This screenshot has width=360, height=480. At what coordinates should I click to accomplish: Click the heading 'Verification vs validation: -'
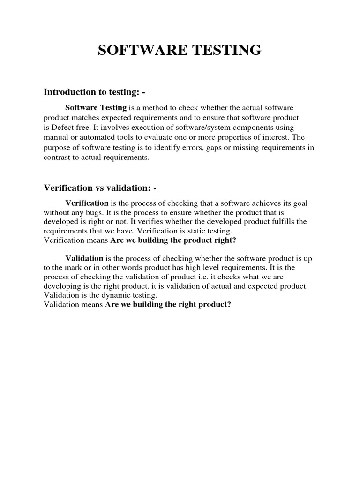pos(100,188)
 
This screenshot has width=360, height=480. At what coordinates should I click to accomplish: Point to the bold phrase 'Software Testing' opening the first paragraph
pos(96,108)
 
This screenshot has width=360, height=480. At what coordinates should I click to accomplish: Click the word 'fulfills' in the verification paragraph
pos(279,221)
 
